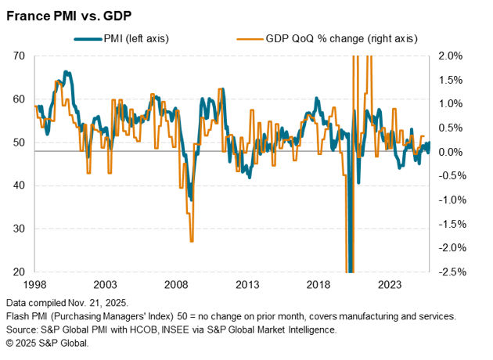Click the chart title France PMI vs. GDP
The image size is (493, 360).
68,14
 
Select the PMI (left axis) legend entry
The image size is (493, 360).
133,38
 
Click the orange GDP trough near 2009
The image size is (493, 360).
191,241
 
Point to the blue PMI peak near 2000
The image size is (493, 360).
67,73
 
